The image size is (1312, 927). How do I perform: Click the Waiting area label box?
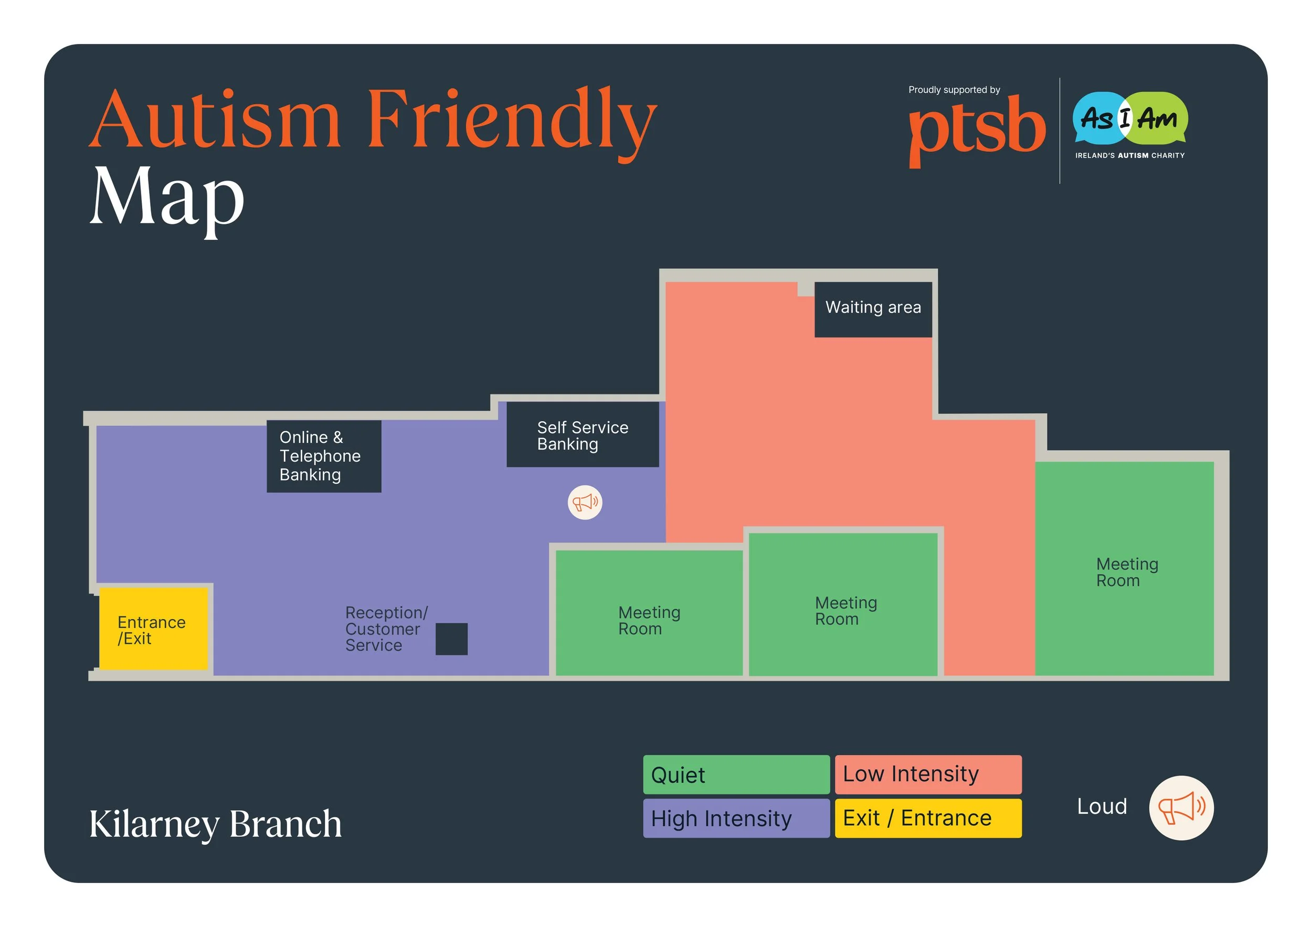873,308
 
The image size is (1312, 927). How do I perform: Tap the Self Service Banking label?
583,435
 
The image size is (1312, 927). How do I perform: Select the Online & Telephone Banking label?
323,456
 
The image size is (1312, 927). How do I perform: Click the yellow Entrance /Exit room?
153,628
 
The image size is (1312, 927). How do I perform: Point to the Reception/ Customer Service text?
386,628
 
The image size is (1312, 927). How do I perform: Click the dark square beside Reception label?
451,638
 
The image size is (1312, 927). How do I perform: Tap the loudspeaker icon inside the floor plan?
585,503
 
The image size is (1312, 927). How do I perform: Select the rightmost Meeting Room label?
1126,572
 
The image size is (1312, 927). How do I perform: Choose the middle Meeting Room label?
845,611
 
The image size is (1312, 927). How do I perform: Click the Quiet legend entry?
736,774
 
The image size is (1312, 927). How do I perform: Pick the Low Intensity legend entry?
927,774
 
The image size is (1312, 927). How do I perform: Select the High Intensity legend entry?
736,818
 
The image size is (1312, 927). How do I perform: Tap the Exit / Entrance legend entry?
927,818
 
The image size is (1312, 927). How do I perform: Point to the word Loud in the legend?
1101,806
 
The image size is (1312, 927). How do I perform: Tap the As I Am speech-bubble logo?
1130,119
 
